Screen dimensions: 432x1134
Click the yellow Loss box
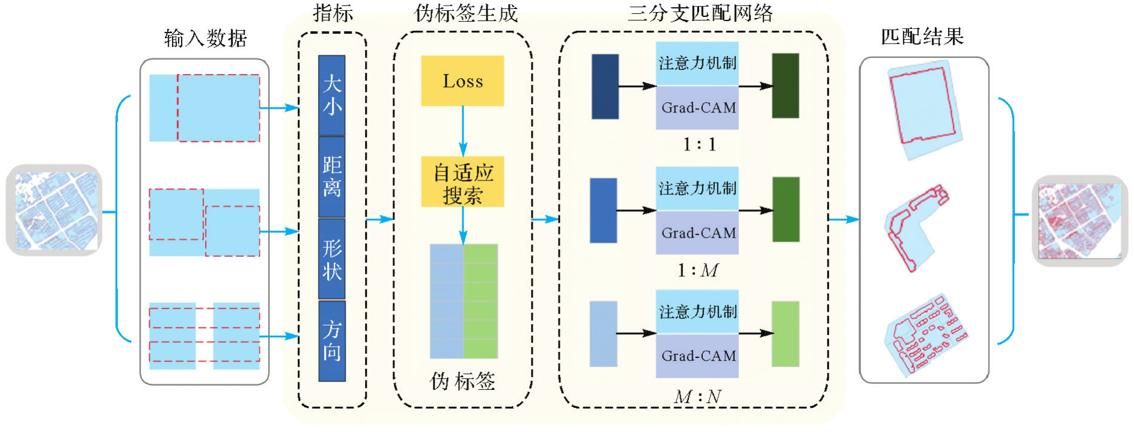click(x=462, y=81)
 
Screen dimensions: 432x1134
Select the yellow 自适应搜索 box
click(x=462, y=182)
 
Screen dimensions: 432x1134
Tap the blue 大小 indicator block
click(x=332, y=95)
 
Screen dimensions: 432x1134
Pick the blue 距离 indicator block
click(x=332, y=177)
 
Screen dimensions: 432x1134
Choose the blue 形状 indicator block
click(x=332, y=259)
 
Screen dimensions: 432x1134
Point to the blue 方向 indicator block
click(x=332, y=341)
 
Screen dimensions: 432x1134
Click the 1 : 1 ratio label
click(x=699, y=144)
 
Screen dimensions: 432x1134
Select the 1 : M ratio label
click(x=697, y=270)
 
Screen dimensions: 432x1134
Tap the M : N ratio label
click(x=697, y=397)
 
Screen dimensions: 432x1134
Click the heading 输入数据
click(x=206, y=39)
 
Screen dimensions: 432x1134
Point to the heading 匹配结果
click(x=922, y=37)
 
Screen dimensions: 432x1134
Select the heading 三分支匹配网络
click(x=700, y=13)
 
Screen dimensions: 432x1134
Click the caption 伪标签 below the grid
click(x=462, y=381)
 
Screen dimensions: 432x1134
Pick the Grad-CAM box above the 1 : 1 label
click(x=697, y=108)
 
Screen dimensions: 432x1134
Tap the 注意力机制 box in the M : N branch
click(x=697, y=312)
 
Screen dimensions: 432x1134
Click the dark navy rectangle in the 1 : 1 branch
click(x=605, y=87)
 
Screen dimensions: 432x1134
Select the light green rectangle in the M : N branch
click(x=785, y=334)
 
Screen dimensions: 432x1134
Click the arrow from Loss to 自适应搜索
click(x=463, y=131)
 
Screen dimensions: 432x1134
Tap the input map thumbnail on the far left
click(x=54, y=211)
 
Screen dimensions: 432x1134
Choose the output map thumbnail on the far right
click(x=1080, y=221)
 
